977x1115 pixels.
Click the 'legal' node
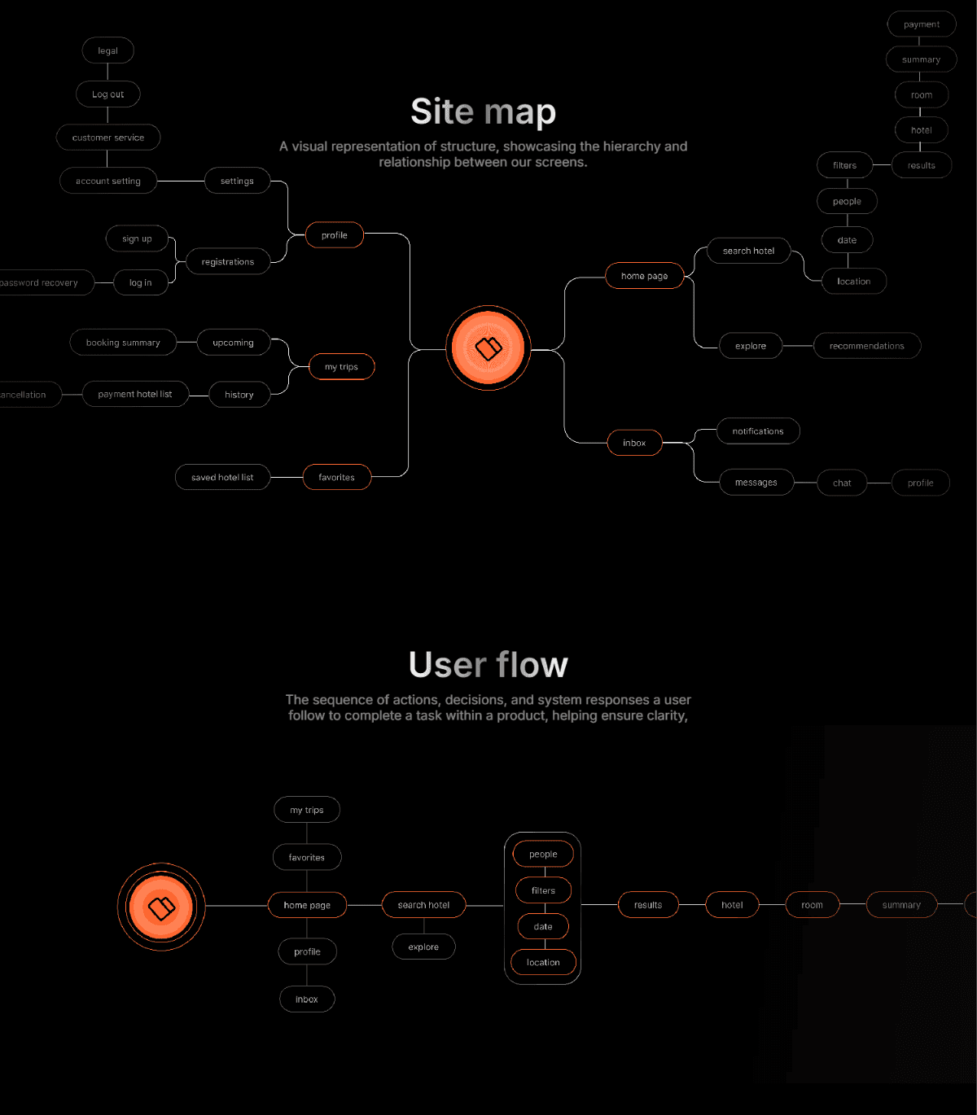[x=107, y=50]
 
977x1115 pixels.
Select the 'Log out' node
[x=107, y=94]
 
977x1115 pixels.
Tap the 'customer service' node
[x=107, y=138]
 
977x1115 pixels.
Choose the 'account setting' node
[x=107, y=181]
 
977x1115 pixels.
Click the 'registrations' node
[x=227, y=262]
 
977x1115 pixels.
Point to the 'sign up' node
[x=137, y=238]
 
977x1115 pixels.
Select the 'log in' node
[x=140, y=282]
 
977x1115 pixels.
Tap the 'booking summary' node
[x=123, y=343]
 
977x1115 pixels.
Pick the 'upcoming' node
[x=233, y=343]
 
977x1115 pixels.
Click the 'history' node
[x=239, y=395]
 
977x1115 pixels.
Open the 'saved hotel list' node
[x=222, y=477]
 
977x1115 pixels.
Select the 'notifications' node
[x=757, y=431]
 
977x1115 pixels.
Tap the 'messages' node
[x=756, y=483]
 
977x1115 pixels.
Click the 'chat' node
[x=842, y=483]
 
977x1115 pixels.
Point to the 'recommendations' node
[x=866, y=346]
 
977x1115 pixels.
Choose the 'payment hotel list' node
[x=135, y=394]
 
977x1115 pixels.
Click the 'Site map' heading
[x=483, y=111]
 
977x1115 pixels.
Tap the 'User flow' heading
[x=488, y=664]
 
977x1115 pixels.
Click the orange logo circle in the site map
[x=488, y=348]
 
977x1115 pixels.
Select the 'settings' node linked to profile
[x=237, y=181]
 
